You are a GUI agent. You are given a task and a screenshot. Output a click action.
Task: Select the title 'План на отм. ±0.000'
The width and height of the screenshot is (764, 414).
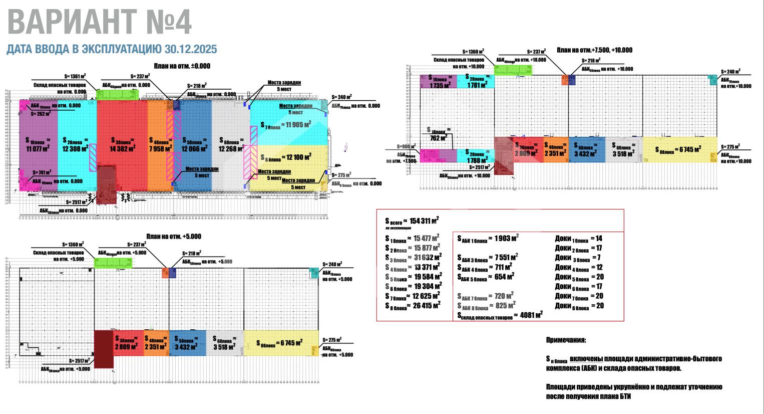pos(182,66)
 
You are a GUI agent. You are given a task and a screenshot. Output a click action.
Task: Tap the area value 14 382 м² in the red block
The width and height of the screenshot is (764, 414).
pos(122,148)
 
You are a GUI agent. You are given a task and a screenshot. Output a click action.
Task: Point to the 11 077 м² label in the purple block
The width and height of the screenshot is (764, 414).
pos(38,148)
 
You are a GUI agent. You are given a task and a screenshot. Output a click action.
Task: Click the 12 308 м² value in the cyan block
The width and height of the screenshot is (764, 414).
pos(76,148)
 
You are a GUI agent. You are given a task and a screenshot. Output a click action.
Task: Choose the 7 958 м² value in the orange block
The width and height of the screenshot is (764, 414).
pos(161,148)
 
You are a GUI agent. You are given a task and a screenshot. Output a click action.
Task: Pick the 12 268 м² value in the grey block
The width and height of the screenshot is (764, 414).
pos(231,148)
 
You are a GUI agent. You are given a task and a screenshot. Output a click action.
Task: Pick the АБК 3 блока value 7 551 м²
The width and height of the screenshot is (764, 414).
pos(506,258)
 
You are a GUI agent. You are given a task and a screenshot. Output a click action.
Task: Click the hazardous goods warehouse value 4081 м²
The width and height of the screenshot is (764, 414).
pos(531,315)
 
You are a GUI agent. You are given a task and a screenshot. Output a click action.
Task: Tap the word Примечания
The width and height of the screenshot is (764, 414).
pos(566,340)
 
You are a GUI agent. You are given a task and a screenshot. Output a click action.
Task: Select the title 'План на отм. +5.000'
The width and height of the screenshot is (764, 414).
pos(173,237)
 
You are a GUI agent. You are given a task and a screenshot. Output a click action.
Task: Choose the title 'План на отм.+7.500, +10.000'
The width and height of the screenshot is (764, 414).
pos(594,50)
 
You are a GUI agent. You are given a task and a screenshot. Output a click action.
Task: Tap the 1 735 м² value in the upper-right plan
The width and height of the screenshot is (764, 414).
pos(441,85)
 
